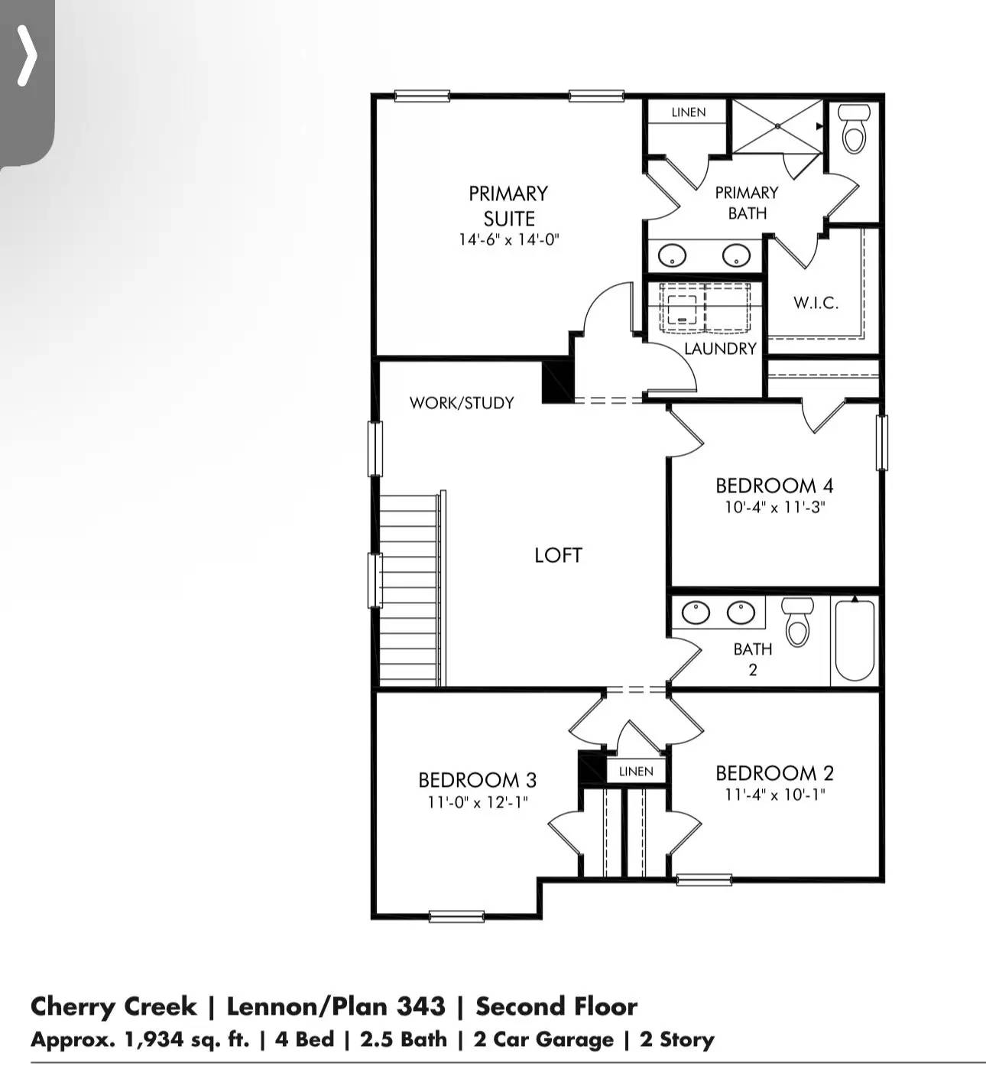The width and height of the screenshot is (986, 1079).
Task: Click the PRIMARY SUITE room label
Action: coord(508,205)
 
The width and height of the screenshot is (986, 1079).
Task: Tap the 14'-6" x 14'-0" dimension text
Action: coord(509,239)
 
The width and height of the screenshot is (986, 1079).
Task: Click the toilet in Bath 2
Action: coord(798,621)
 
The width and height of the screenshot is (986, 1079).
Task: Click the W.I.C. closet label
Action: coord(816,303)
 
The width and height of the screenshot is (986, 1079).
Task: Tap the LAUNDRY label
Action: coord(720,349)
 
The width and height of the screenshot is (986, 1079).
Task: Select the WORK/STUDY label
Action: coord(462,403)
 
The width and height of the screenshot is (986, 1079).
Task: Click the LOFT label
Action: coord(558,555)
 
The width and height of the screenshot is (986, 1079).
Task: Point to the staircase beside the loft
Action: coord(410,589)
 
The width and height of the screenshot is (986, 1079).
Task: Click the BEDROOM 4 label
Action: coord(774,486)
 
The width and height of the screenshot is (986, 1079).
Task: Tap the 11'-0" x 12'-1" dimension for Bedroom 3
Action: coord(478,802)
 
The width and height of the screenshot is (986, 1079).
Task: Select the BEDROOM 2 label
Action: coord(774,773)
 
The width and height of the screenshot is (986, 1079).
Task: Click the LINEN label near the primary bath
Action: coord(689,112)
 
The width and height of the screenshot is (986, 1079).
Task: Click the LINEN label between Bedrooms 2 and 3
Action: coord(636,771)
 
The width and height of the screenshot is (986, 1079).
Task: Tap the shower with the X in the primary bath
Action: coord(777,126)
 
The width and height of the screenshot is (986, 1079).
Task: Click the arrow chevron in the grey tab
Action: coord(27,56)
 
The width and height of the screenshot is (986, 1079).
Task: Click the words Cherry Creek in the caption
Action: coord(113,1006)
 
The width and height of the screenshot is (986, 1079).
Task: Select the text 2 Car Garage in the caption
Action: coord(543,1040)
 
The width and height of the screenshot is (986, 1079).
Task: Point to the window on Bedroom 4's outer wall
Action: coord(881,442)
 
